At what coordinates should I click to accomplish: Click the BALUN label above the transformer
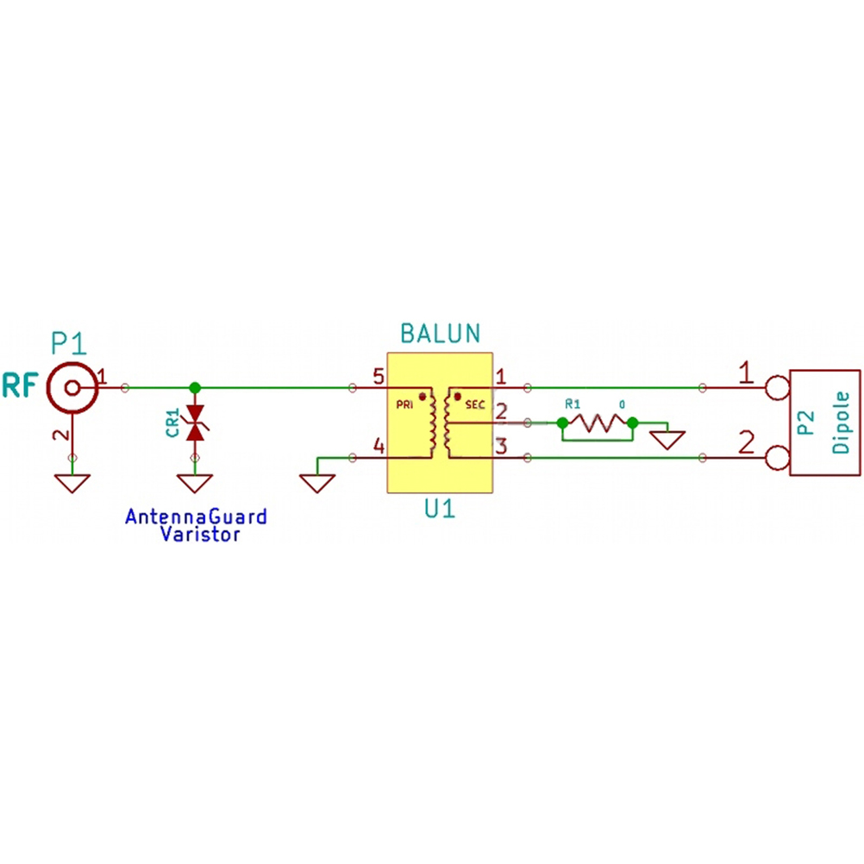[x=441, y=334]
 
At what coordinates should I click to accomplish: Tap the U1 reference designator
[x=440, y=510]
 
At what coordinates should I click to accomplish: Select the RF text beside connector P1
[x=21, y=385]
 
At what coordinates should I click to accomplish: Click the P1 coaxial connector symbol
[x=72, y=388]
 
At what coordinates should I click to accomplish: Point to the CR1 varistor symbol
[x=195, y=423]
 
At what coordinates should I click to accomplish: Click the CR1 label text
[x=172, y=423]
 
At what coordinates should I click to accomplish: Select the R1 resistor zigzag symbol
[x=598, y=423]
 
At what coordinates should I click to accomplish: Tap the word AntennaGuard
[x=196, y=517]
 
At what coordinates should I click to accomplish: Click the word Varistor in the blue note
[x=200, y=535]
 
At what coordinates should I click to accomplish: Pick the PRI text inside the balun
[x=404, y=405]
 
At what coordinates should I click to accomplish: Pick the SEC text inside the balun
[x=475, y=405]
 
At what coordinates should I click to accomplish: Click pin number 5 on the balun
[x=379, y=377]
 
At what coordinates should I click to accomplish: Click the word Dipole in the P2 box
[x=841, y=423]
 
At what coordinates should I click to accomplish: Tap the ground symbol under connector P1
[x=72, y=483]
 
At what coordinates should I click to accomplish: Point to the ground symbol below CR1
[x=195, y=483]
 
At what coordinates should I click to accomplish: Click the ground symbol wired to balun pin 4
[x=317, y=483]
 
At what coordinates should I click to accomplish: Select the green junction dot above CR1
[x=195, y=388]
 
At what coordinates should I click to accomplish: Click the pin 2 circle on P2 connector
[x=778, y=458]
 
